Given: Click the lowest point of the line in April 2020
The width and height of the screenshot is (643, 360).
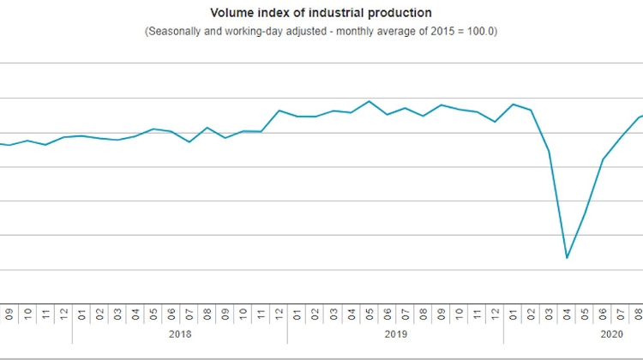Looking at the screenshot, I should click(x=568, y=258).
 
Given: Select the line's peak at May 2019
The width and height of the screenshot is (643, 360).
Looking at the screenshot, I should click(x=369, y=101).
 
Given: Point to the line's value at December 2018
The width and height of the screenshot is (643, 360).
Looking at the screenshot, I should click(x=279, y=111).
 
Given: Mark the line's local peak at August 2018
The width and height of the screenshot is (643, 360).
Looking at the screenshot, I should click(x=207, y=127).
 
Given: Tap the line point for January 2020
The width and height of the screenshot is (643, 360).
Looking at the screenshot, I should click(x=513, y=104).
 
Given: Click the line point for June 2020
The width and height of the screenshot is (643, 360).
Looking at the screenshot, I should click(x=604, y=159).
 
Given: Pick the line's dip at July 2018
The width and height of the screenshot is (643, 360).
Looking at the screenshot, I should click(x=189, y=141).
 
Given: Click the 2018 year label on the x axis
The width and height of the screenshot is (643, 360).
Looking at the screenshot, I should click(x=180, y=334).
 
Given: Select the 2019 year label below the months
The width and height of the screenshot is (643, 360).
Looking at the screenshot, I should click(x=396, y=334).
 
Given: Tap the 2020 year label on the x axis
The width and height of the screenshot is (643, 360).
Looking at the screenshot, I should click(x=611, y=334).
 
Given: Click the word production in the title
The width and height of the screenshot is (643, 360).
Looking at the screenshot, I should click(x=402, y=13).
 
